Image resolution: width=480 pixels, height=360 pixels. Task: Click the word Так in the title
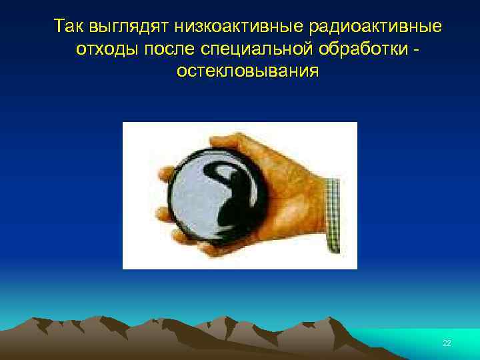(x=67, y=27)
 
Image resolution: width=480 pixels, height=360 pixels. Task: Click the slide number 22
(x=447, y=343)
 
